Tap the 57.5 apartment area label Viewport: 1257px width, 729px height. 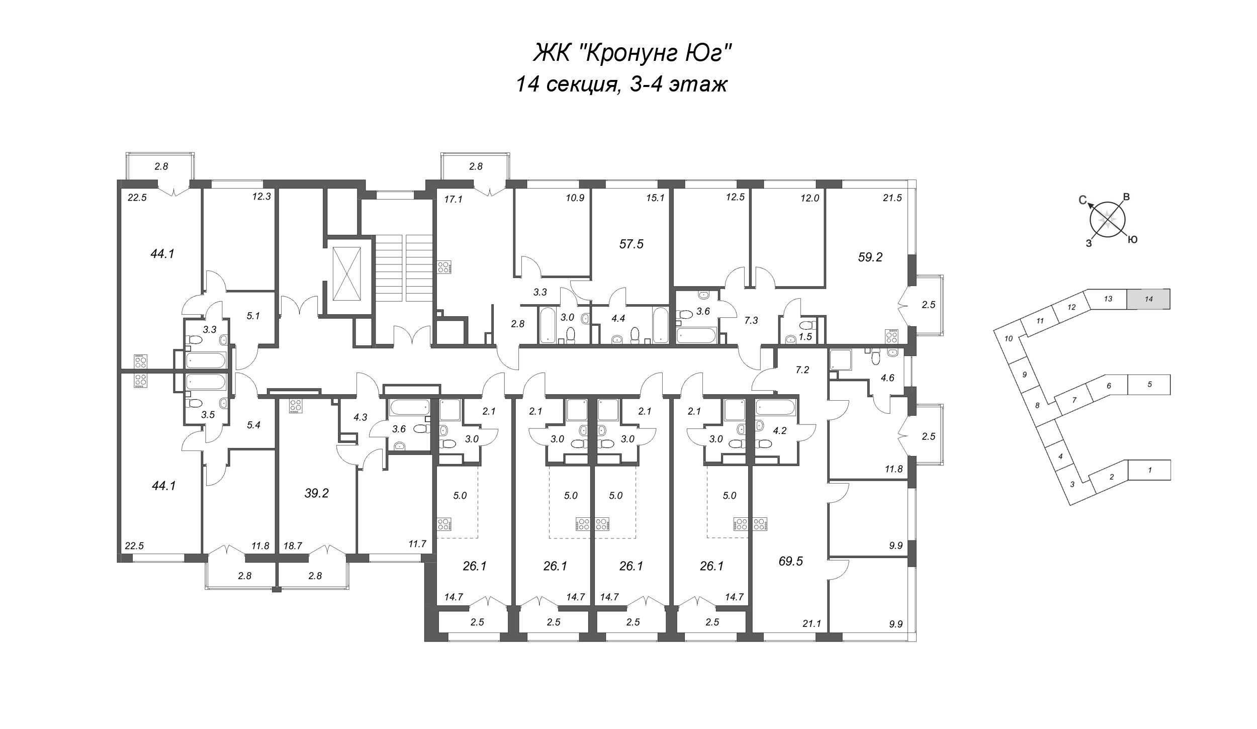632,244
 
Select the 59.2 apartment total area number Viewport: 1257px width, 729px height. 870,257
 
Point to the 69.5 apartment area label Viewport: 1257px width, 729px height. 791,562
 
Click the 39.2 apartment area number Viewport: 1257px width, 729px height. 317,493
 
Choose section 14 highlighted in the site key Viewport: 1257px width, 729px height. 1148,299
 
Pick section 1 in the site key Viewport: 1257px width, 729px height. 1150,470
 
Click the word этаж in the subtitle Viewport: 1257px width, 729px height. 698,85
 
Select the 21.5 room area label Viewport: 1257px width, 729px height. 892,198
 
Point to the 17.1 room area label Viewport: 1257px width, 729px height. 453,200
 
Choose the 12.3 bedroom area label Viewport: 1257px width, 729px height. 262,197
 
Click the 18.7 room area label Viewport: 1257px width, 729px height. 293,545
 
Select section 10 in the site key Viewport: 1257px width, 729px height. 1008,339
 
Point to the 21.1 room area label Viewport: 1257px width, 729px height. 812,624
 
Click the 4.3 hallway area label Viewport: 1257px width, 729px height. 361,417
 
